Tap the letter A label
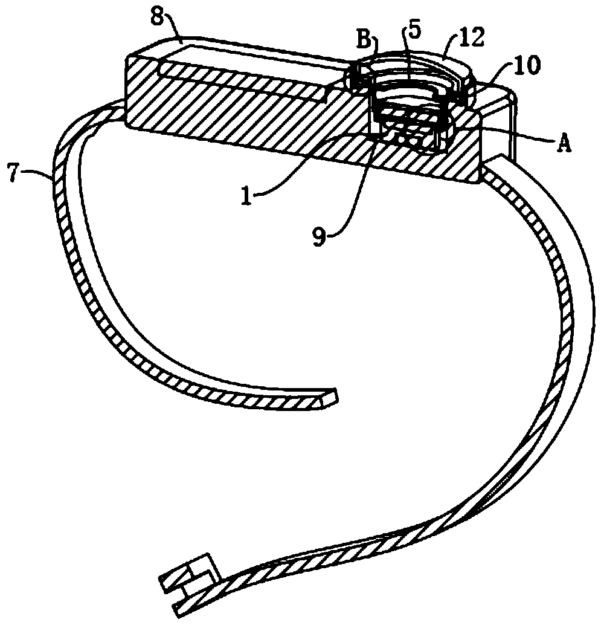pyautogui.click(x=564, y=145)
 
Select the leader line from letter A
pyautogui.click(x=519, y=135)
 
